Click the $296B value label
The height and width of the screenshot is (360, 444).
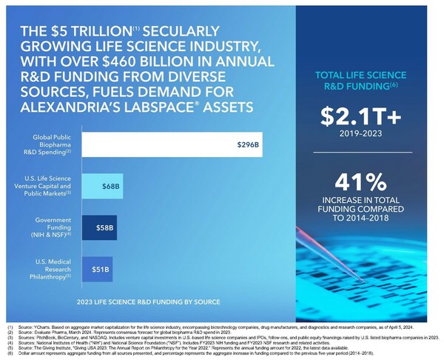pos(247,144)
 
